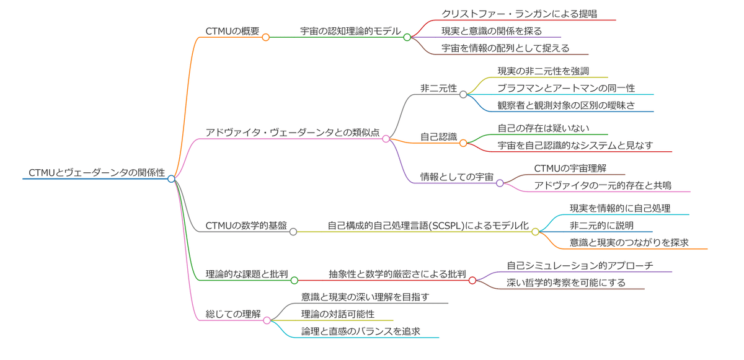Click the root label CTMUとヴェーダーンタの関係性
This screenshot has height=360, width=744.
(x=97, y=172)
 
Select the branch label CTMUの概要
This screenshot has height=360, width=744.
(x=232, y=31)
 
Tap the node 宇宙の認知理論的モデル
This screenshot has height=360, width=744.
(x=350, y=31)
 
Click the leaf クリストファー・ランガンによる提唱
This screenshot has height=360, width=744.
(x=519, y=14)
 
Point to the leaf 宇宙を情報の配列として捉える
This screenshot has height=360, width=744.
(x=505, y=48)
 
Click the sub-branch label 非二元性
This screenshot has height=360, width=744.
(x=438, y=89)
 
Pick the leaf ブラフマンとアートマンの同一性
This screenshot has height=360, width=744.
(x=566, y=89)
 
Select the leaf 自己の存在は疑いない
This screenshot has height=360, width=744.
(x=543, y=128)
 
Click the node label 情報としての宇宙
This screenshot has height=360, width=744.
(x=457, y=177)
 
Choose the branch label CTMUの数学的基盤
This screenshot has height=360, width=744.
(x=246, y=226)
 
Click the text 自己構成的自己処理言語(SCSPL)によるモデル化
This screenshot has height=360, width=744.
(x=428, y=226)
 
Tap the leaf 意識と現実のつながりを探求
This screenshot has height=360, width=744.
(x=629, y=243)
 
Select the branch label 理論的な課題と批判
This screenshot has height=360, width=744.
(x=247, y=274)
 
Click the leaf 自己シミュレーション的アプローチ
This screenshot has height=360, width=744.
(x=580, y=265)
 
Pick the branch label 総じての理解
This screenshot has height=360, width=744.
(x=233, y=314)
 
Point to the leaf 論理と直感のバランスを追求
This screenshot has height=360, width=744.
(x=361, y=331)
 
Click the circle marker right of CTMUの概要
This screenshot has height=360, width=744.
(x=266, y=37)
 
